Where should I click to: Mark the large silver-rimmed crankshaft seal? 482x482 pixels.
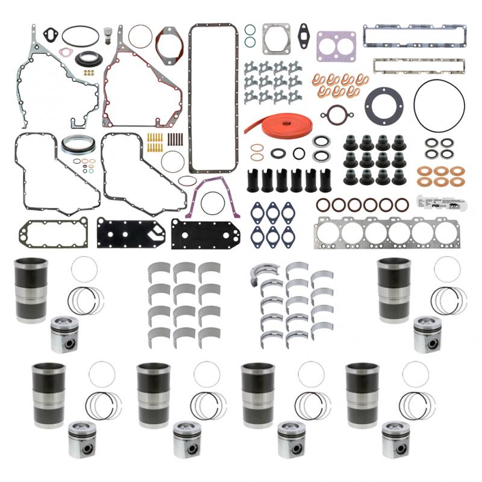click(75, 146)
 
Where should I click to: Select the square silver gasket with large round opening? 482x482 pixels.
click(276, 39)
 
